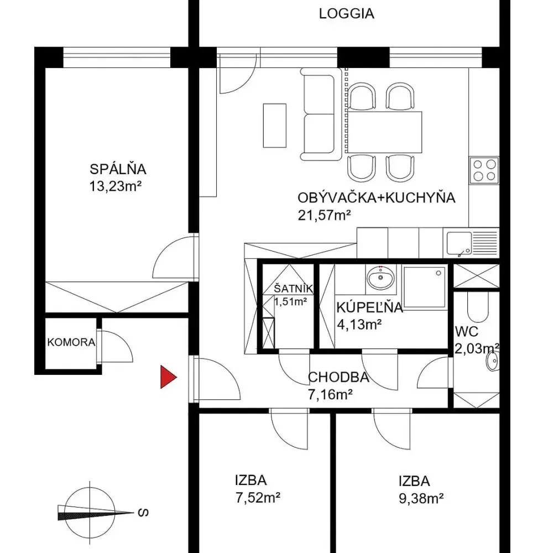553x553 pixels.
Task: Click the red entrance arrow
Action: (x=168, y=377)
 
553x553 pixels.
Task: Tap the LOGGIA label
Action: (x=346, y=14)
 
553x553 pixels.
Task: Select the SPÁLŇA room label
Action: (x=118, y=169)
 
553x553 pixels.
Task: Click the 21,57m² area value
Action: (x=324, y=215)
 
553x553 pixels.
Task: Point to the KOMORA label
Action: (x=71, y=342)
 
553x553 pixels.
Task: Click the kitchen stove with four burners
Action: (x=484, y=170)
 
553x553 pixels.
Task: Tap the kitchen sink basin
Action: (x=459, y=243)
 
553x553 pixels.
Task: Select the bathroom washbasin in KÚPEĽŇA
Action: (x=380, y=277)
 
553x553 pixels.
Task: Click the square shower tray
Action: (x=424, y=287)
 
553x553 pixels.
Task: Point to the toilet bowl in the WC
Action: (x=478, y=307)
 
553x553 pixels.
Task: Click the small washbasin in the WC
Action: (x=492, y=361)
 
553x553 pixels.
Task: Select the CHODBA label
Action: (x=338, y=377)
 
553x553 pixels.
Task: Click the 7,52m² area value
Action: (x=258, y=498)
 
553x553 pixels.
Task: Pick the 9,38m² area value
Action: (x=421, y=499)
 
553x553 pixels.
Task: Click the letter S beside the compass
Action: (x=143, y=513)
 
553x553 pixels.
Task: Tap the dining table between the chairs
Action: (x=384, y=132)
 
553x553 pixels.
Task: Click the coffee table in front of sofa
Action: (x=274, y=126)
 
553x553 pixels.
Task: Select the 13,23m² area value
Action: (x=116, y=186)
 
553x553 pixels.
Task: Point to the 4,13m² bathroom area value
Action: (x=359, y=324)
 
